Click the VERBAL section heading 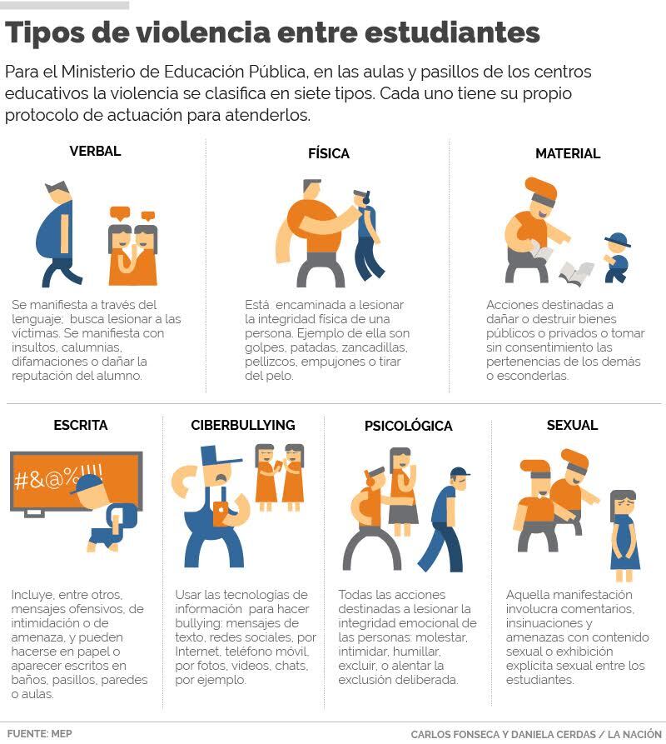pyautogui.click(x=95, y=151)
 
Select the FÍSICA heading pyautogui.click(x=329, y=153)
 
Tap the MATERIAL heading pyautogui.click(x=568, y=153)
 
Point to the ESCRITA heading pyautogui.click(x=81, y=425)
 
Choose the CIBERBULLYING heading pyautogui.click(x=243, y=425)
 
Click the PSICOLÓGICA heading pyautogui.click(x=408, y=426)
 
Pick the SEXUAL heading pyautogui.click(x=572, y=425)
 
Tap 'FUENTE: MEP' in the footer pyautogui.click(x=39, y=733)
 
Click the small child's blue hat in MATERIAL pyautogui.click(x=617, y=240)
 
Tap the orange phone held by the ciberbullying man pyautogui.click(x=220, y=513)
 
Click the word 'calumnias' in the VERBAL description pyautogui.click(x=92, y=347)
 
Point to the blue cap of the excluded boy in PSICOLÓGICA pyautogui.click(x=460, y=472)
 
